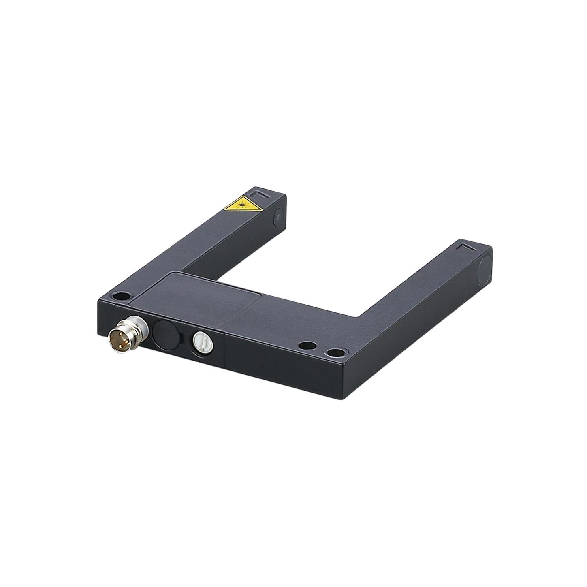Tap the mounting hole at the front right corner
point(336,353)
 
